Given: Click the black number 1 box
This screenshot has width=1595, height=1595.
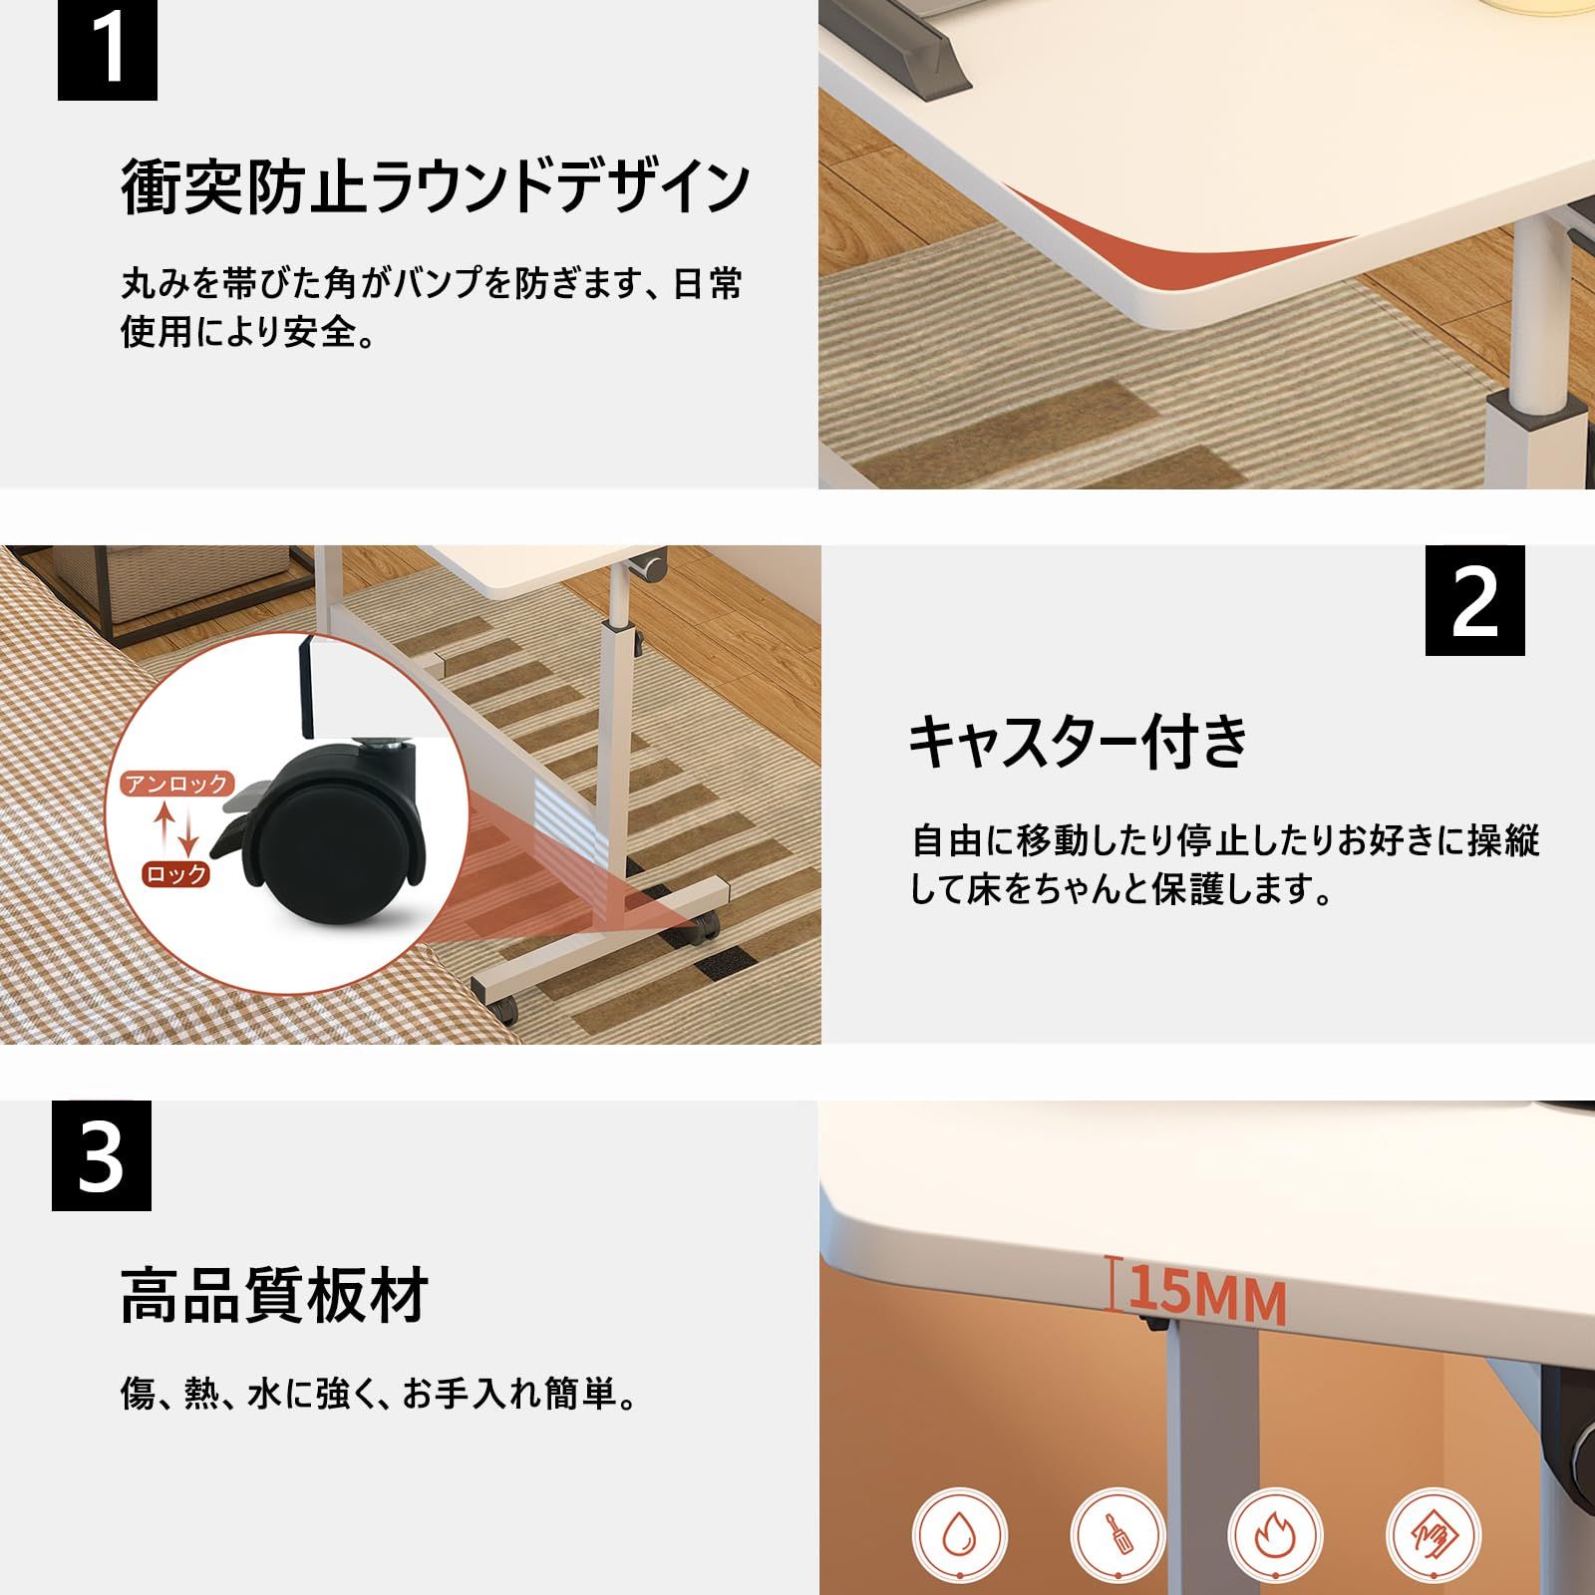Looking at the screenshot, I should [107, 49].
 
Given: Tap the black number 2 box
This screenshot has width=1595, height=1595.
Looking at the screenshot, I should [1474, 600].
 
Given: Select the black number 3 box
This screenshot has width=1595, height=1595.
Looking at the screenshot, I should [101, 1155].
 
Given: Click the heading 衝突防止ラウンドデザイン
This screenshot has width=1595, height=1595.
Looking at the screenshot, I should [436, 186].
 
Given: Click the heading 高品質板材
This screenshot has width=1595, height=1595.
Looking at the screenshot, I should [274, 1295].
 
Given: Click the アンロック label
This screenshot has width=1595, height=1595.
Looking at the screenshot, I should [177, 784].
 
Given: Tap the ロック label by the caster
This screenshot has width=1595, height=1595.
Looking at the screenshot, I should [176, 874].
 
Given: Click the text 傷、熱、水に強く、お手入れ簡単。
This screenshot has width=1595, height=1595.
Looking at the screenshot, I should [379, 1394].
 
